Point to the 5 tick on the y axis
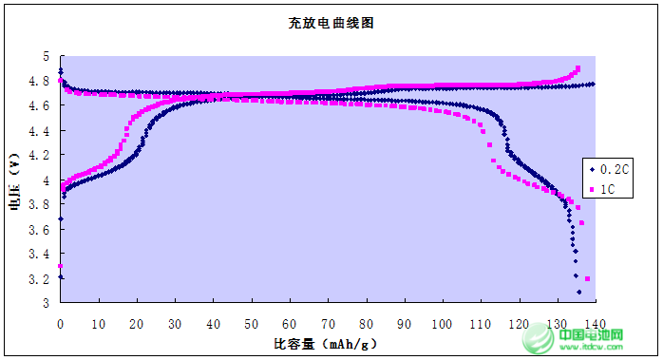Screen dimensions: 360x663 point(45,57)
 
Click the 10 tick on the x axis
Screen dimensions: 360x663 point(99,323)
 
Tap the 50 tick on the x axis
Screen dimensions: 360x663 point(252,323)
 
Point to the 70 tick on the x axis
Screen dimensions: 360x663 point(328,323)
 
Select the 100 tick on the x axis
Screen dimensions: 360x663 point(443,323)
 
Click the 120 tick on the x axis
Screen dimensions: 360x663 point(519,323)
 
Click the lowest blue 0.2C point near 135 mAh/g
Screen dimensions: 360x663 point(578,292)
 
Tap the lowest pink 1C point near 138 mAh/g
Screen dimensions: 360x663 point(588,278)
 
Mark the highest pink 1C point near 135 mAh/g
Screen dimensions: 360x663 point(578,68)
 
